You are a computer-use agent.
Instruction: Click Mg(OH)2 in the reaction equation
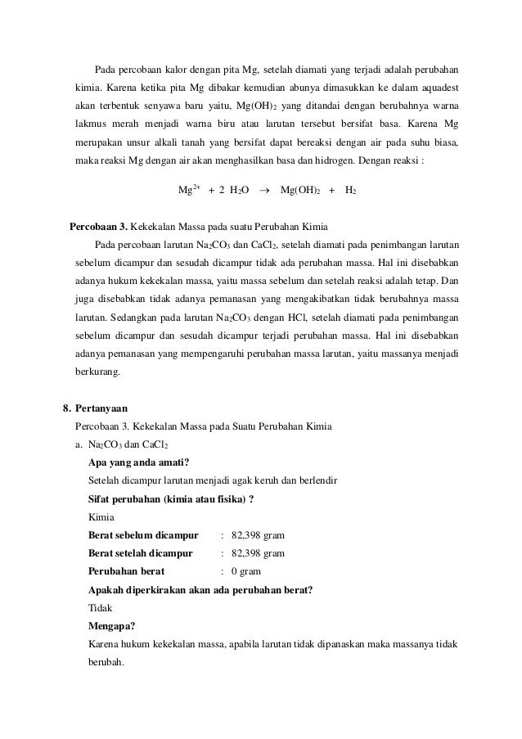coord(300,190)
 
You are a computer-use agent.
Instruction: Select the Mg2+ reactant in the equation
coord(190,190)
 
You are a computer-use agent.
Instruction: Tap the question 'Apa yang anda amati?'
coord(138,462)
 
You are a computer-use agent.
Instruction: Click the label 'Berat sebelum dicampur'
coord(143,535)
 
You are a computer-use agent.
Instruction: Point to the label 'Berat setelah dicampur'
coord(140,553)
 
